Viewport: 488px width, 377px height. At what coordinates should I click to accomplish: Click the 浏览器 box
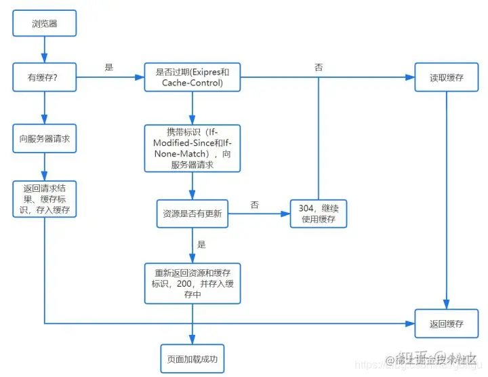44,23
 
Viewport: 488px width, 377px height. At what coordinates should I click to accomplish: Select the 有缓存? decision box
44,77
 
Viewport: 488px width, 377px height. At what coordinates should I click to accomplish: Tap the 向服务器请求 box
44,138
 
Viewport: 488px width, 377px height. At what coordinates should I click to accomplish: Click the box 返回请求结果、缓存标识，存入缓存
44,199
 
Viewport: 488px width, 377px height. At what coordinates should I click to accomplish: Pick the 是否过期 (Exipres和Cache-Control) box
192,77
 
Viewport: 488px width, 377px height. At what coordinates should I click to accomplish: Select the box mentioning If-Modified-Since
192,147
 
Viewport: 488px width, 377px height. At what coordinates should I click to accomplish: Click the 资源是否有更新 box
192,214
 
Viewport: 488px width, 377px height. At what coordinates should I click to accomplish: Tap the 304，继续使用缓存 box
318,214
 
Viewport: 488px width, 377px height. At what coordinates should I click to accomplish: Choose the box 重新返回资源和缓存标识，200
192,283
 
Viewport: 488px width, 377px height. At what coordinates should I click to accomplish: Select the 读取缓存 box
446,77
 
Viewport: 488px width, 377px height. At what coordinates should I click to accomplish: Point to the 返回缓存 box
446,323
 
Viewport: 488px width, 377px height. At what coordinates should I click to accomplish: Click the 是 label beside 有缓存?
109,68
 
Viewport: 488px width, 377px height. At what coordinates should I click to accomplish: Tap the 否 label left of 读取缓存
319,68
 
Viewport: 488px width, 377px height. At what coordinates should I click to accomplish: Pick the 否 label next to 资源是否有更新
254,204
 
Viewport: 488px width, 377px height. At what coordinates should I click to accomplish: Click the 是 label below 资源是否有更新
201,244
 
